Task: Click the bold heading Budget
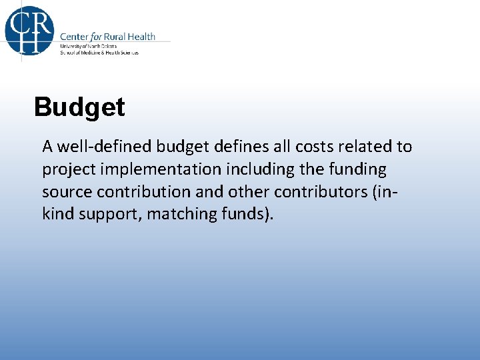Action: click(79, 107)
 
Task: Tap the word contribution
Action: click(143, 191)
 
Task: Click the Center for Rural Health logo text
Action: click(107, 37)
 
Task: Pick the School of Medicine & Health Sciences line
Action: click(99, 53)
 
